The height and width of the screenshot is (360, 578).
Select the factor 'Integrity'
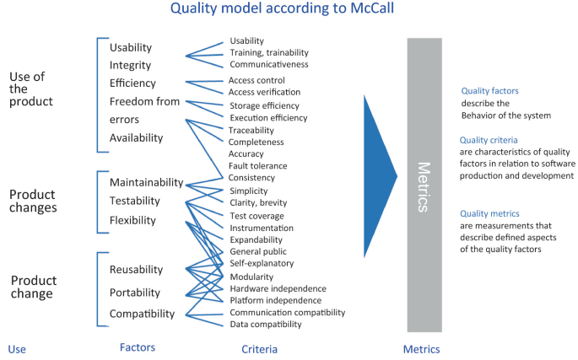point(131,65)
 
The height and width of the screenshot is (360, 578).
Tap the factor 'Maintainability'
point(146,182)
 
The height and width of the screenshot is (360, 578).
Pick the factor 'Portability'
point(134,292)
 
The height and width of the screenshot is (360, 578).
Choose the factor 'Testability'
point(135,201)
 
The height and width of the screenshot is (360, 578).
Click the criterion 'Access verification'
point(265,93)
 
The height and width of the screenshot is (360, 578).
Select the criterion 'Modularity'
point(251,277)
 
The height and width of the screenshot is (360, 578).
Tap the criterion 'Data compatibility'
point(265,325)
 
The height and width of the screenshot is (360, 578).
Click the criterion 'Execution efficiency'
point(268,118)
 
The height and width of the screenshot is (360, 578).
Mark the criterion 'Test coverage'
point(257,215)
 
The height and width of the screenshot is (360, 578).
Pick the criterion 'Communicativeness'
point(268,64)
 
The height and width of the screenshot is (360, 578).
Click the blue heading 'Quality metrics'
point(489,214)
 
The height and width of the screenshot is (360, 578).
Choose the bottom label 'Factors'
point(137,347)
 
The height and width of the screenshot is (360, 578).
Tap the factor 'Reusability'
point(136,270)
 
